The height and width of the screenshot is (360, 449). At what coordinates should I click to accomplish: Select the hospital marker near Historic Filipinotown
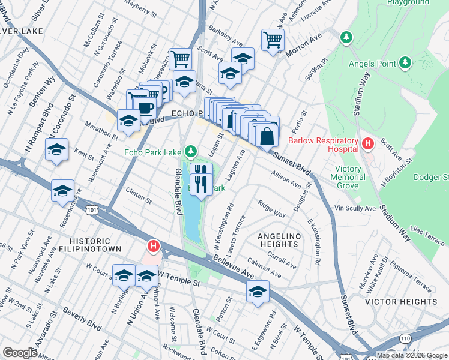click(x=154, y=246)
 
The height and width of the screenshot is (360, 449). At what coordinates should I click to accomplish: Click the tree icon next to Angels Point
click(x=405, y=62)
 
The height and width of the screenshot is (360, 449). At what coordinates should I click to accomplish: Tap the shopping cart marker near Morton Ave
click(x=273, y=40)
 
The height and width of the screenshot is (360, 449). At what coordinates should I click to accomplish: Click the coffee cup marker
click(x=145, y=107)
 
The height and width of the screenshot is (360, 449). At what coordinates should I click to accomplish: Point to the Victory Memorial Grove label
click(x=348, y=178)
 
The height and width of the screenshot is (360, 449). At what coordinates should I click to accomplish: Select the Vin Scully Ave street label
click(x=355, y=208)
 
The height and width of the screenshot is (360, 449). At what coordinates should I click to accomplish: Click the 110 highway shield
click(x=406, y=338)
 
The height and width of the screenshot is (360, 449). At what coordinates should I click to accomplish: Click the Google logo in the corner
click(x=20, y=353)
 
